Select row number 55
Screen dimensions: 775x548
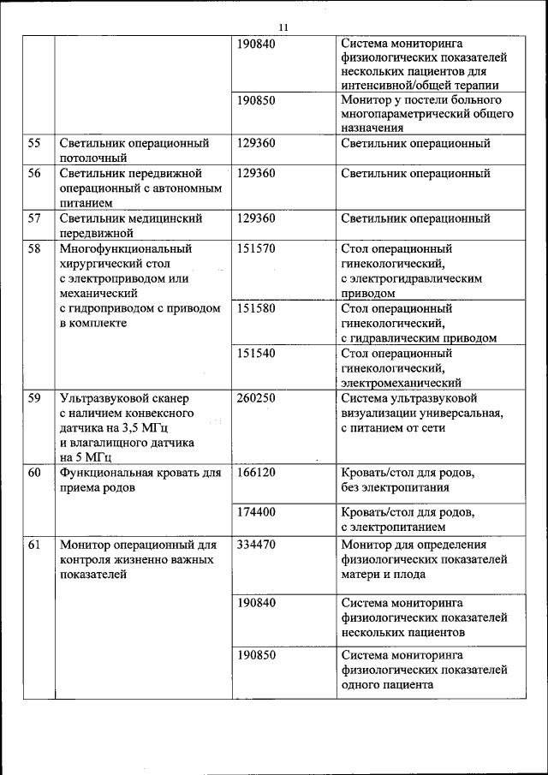tap(34, 143)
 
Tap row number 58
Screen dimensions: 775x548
tap(34, 249)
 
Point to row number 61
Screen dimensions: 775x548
tap(34, 545)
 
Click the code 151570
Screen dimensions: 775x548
tap(256, 249)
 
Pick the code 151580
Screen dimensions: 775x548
tap(256, 308)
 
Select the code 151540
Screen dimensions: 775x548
tap(256, 353)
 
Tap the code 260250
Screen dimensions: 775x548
tap(256, 397)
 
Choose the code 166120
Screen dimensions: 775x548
tap(256, 472)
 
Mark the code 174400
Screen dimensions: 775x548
tap(256, 511)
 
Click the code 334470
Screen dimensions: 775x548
tap(256, 545)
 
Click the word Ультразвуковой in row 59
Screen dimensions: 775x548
tap(103, 398)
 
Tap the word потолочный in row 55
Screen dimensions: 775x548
tap(93, 158)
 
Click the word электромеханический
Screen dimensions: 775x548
tap(401, 383)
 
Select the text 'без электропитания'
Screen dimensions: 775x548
tap(395, 487)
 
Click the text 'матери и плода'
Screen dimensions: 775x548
tap(384, 575)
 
